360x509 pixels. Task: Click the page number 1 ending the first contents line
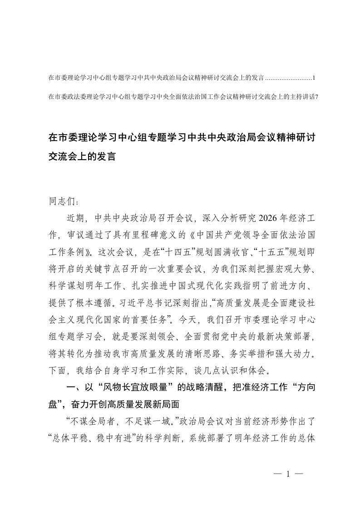(x=314, y=78)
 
